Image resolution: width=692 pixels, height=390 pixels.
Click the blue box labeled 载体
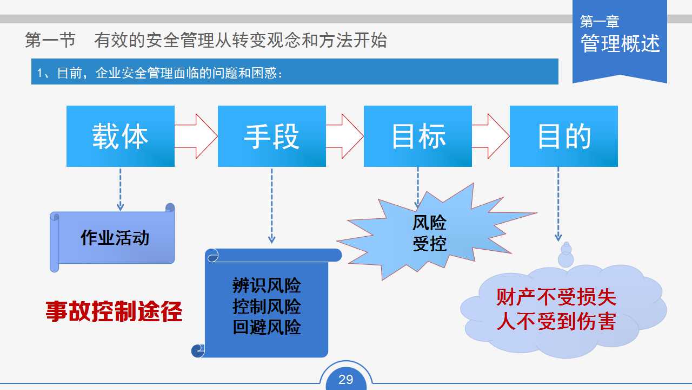(121, 136)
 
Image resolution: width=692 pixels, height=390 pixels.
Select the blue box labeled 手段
(272, 136)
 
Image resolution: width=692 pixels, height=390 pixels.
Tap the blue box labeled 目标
(418, 136)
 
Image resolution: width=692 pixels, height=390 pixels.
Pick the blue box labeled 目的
(564, 136)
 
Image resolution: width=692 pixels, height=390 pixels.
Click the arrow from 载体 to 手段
(196, 136)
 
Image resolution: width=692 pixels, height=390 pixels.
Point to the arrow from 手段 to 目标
(345, 136)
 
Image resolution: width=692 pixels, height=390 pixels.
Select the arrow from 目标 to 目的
(491, 136)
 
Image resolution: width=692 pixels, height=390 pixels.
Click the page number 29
(345, 380)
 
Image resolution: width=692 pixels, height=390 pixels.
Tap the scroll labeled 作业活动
(112, 238)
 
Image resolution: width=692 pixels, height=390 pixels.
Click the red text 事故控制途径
(114, 311)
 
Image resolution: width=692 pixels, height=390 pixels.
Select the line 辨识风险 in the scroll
(267, 285)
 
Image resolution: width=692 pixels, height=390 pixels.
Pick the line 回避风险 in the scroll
(267, 327)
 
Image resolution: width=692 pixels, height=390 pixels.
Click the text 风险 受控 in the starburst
(429, 233)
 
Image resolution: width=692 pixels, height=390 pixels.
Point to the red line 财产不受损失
(556, 297)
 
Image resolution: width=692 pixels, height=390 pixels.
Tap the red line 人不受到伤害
(556, 321)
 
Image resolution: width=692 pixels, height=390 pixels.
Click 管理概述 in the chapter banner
(620, 43)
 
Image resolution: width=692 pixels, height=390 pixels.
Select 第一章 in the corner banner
(600, 21)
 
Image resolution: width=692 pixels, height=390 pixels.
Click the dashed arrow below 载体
(120, 190)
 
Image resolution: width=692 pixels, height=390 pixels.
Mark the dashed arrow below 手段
(271, 206)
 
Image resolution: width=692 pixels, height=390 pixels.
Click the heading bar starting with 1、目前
(295, 71)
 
